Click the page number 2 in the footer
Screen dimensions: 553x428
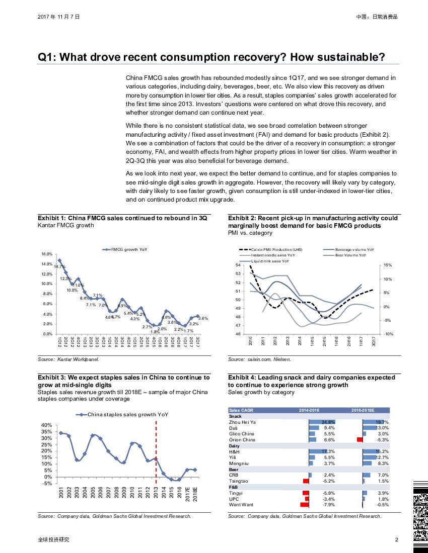coord(397,539)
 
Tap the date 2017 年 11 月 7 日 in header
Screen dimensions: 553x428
coord(58,17)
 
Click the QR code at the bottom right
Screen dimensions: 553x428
coord(420,515)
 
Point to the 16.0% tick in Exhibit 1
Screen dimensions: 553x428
coord(47,254)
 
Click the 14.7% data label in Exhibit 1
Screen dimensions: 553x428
coord(59,266)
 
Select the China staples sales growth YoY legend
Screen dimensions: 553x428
coord(122,415)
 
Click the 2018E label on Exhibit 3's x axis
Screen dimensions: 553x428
coord(195,492)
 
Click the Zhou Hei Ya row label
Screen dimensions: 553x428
coord(242,422)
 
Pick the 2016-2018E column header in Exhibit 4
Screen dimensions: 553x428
coord(363,410)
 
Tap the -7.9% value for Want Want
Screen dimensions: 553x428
coord(329,505)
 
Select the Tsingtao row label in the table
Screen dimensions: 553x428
coord(238,481)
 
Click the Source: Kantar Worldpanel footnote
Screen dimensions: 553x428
coord(68,359)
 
